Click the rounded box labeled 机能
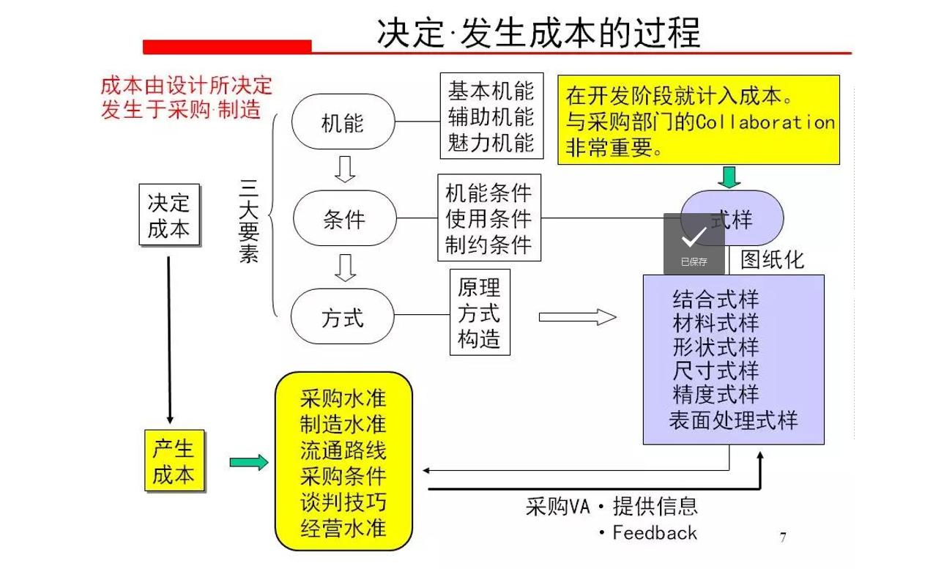[343, 121]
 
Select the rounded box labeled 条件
[344, 218]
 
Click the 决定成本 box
[168, 215]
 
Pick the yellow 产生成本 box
[174, 461]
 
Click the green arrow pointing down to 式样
[729, 176]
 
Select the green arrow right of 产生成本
[249, 462]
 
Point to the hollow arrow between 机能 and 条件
[343, 168]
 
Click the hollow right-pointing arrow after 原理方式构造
[577, 317]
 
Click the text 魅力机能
[491, 142]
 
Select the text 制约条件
[488, 244]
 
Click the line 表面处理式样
[733, 420]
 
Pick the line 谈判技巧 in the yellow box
[343, 502]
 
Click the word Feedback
[655, 532]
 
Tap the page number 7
[783, 538]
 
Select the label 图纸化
[772, 259]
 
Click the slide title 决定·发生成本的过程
[538, 33]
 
